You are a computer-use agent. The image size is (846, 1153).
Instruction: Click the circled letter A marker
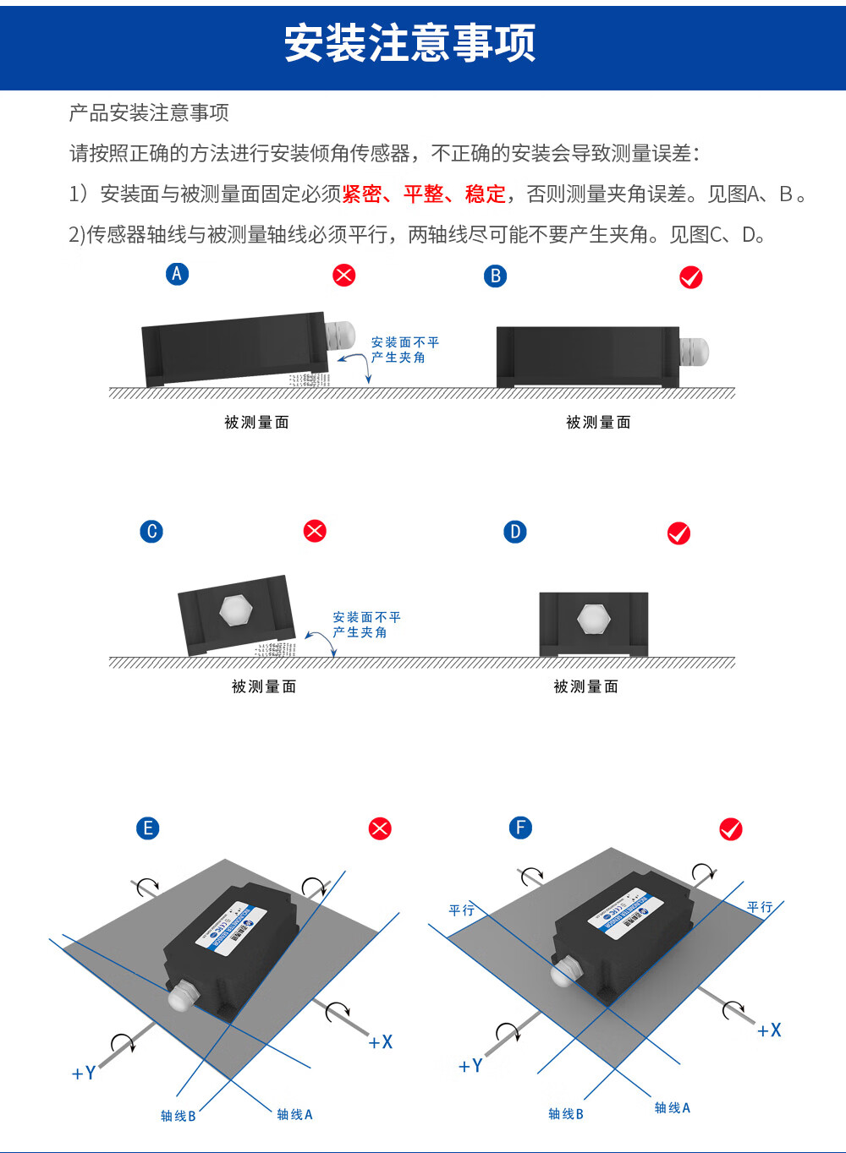pyautogui.click(x=177, y=274)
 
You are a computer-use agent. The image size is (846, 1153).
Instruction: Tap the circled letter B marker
pyautogui.click(x=496, y=276)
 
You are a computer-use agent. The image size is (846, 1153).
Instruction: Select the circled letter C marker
pyautogui.click(x=151, y=532)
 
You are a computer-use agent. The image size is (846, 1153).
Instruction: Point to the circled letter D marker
pyautogui.click(x=515, y=532)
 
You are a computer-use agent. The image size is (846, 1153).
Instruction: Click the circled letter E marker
pyautogui.click(x=148, y=828)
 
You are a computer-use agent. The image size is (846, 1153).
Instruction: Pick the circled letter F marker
pyautogui.click(x=520, y=828)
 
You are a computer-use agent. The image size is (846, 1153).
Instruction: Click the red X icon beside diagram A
pyautogui.click(x=344, y=275)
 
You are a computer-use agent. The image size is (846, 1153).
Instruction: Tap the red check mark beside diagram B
pyautogui.click(x=691, y=277)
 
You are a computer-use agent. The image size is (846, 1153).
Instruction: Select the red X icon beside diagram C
pyautogui.click(x=315, y=531)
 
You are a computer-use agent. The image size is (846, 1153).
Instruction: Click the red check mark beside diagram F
pyautogui.click(x=731, y=829)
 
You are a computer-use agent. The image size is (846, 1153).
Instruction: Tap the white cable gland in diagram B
pyautogui.click(x=694, y=351)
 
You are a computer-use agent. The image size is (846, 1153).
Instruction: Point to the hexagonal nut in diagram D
pyautogui.click(x=593, y=619)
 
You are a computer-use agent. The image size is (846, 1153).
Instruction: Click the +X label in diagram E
pyautogui.click(x=381, y=1042)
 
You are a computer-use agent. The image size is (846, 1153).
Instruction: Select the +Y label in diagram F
pyautogui.click(x=470, y=1066)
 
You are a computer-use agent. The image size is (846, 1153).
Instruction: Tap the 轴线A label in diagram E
pyautogui.click(x=294, y=1114)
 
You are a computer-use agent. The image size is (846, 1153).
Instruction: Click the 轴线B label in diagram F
pyautogui.click(x=566, y=1114)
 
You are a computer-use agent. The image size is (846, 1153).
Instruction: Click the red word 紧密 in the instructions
pyautogui.click(x=362, y=194)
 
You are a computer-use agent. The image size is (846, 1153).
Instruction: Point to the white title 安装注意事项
pyautogui.click(x=410, y=43)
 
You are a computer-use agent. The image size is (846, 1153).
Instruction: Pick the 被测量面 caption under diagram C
pyautogui.click(x=264, y=686)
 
